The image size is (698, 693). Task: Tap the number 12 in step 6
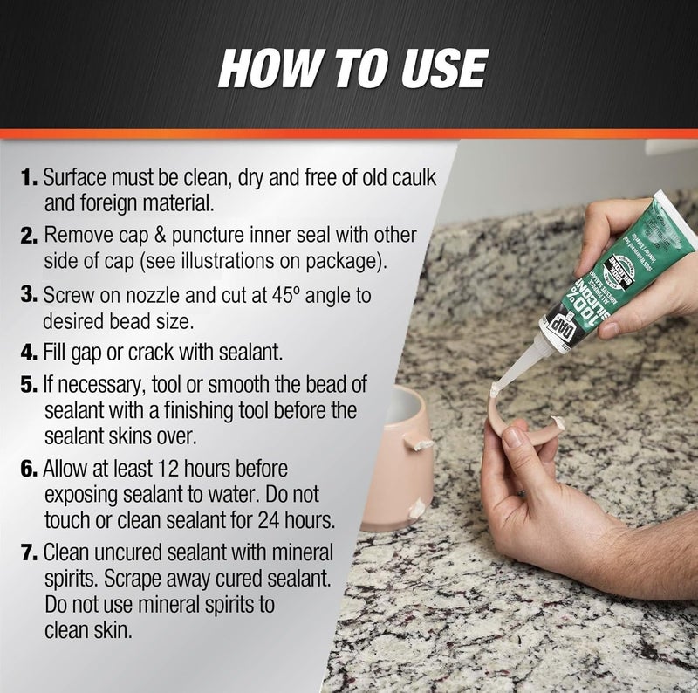point(195,470)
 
